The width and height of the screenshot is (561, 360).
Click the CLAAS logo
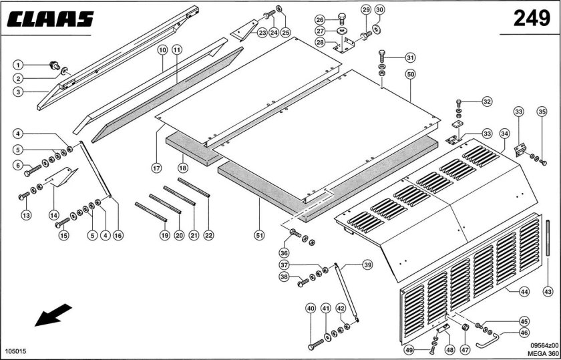point(50,19)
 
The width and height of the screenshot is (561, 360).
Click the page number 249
point(532,18)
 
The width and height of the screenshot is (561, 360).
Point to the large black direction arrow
point(53,315)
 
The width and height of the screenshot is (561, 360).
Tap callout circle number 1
point(18,65)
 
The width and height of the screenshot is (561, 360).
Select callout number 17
point(156,168)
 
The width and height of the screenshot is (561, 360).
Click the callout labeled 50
point(410,74)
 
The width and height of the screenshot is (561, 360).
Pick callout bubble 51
point(259,235)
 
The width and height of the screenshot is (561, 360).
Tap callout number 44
point(524,292)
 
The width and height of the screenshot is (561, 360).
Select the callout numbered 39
point(367,265)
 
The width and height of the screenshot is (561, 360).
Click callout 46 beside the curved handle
point(524,333)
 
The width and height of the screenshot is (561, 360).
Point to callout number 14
point(53,216)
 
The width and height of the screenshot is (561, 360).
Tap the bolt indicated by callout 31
point(382,57)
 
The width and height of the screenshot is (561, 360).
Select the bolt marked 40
point(315,345)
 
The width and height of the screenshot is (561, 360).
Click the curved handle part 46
point(488,341)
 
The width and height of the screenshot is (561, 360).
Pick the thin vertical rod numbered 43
point(548,238)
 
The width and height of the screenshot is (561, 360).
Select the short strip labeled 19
point(151,212)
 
